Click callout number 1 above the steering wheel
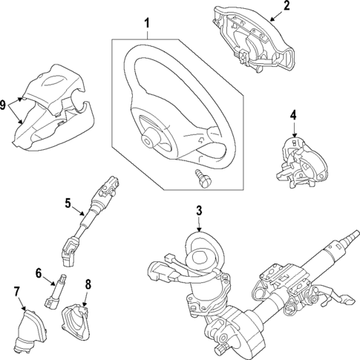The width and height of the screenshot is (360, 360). click(x=146, y=23)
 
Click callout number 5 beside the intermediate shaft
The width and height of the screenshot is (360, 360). click(x=68, y=201)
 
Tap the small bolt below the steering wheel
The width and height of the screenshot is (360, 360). click(x=200, y=176)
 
